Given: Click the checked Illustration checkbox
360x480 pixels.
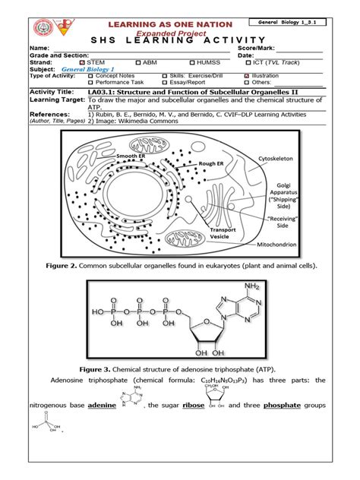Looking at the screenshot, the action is [x=246, y=76].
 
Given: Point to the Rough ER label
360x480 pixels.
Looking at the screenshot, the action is [x=210, y=163].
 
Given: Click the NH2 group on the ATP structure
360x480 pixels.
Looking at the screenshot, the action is [x=253, y=287].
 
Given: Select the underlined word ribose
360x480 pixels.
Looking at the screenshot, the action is [x=194, y=406].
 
